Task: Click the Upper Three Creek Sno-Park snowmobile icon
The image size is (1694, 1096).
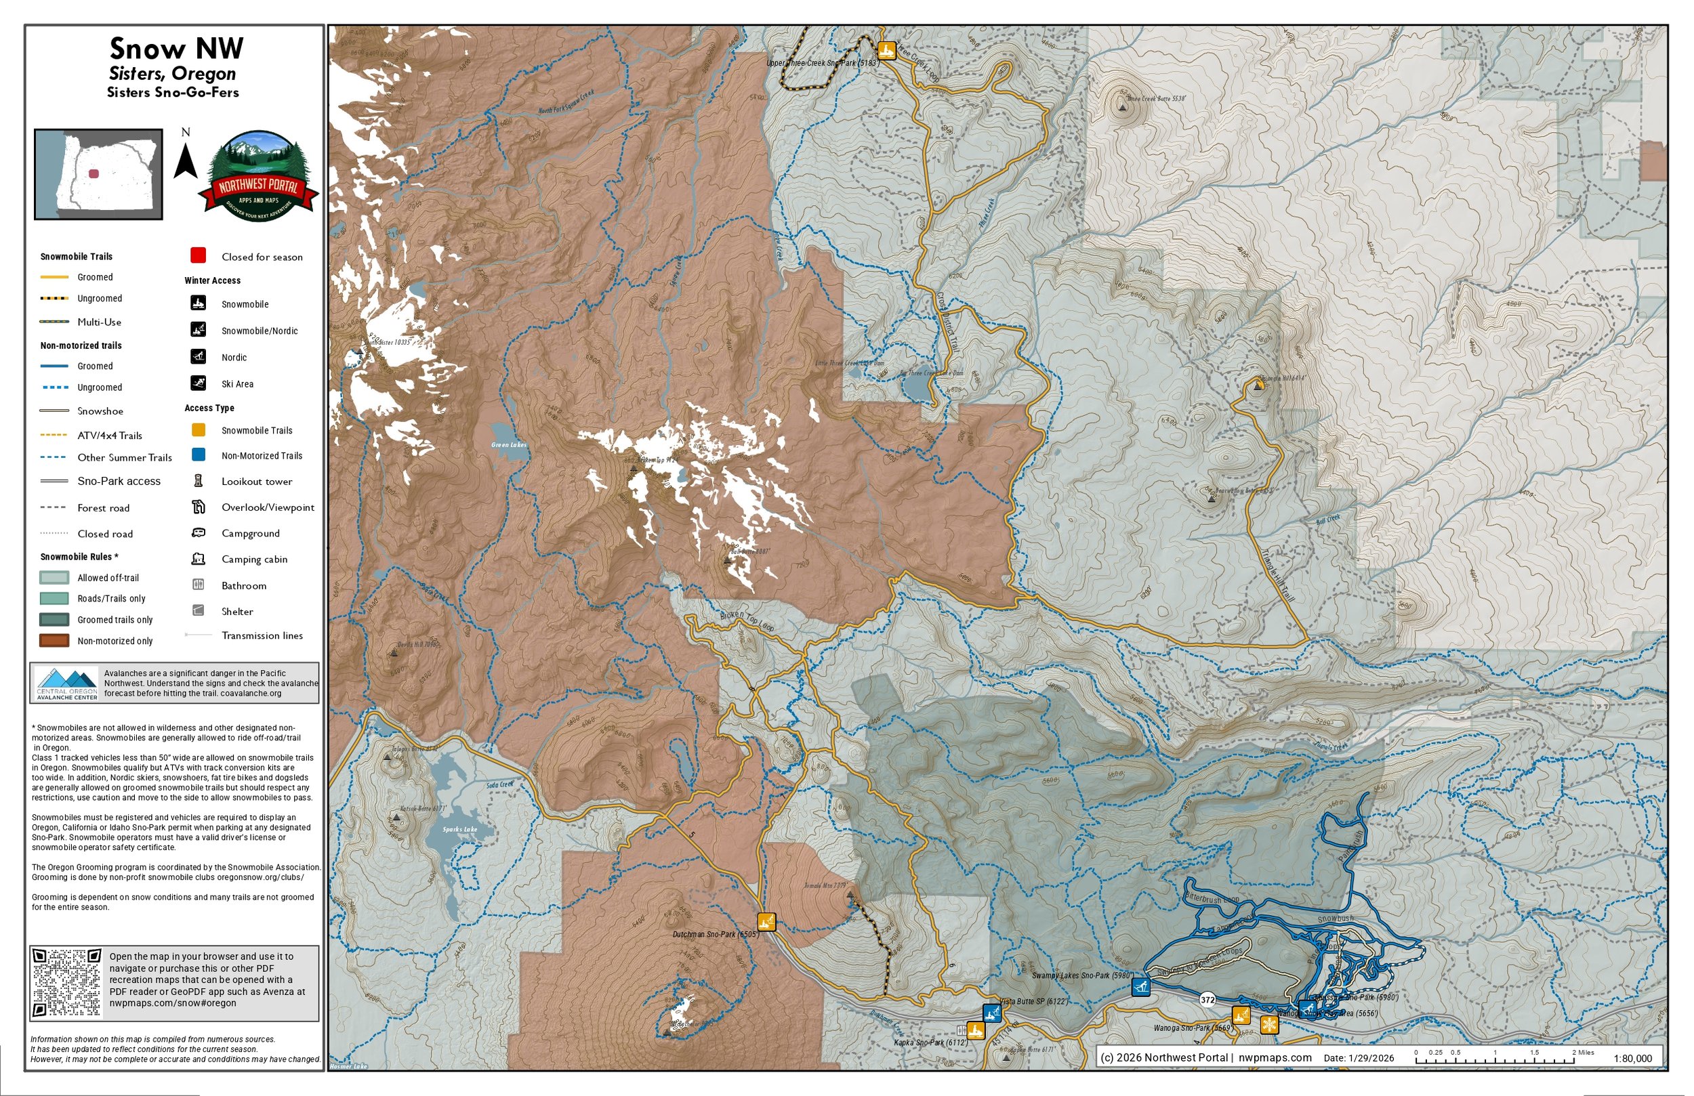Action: pyautogui.click(x=886, y=51)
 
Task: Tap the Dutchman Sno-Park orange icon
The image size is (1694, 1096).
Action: pyautogui.click(x=766, y=922)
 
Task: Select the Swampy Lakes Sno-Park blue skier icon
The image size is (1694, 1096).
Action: pyautogui.click(x=1141, y=986)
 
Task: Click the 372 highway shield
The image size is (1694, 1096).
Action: pyautogui.click(x=1207, y=999)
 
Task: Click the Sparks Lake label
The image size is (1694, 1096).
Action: pyautogui.click(x=460, y=829)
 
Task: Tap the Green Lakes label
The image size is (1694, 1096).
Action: pyautogui.click(x=509, y=445)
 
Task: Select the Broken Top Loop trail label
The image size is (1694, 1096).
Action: pyautogui.click(x=747, y=620)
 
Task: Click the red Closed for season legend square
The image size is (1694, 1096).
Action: pyautogui.click(x=199, y=255)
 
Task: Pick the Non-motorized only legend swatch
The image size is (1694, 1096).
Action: pyautogui.click(x=54, y=641)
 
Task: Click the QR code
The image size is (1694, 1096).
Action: pyautogui.click(x=68, y=983)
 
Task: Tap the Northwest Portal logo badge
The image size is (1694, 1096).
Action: pyautogui.click(x=258, y=177)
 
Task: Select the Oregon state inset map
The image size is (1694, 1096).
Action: pyautogui.click(x=99, y=174)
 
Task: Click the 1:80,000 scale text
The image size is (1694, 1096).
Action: pyautogui.click(x=1632, y=1058)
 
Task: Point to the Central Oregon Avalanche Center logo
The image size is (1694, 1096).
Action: pyautogui.click(x=67, y=683)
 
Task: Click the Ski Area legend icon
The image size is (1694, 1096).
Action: pyautogui.click(x=198, y=383)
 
